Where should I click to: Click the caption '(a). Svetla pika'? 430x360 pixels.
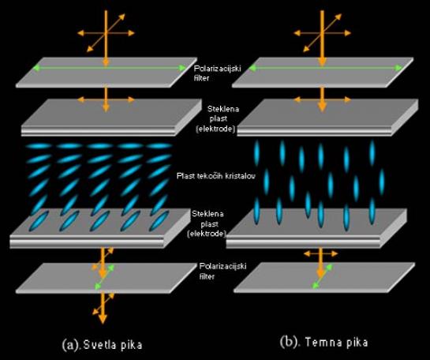click(x=103, y=345)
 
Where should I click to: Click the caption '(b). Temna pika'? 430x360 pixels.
click(x=323, y=342)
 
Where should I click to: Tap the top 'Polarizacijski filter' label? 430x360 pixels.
click(x=217, y=73)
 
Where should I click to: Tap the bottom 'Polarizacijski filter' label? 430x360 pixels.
click(x=222, y=271)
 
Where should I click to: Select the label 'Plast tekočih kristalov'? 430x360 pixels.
click(x=216, y=175)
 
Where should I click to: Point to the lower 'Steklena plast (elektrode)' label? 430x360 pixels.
click(x=208, y=223)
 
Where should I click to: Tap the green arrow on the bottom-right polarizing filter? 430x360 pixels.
click(x=323, y=276)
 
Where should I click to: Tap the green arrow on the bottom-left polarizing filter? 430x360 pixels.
click(x=104, y=277)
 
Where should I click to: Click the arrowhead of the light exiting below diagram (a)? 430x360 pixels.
click(x=103, y=319)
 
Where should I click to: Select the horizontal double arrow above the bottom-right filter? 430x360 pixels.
click(x=320, y=253)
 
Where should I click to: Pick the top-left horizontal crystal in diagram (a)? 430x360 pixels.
click(x=39, y=146)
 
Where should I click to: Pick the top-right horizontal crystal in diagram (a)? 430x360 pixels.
click(x=159, y=146)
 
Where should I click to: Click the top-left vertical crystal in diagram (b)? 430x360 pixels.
click(x=256, y=153)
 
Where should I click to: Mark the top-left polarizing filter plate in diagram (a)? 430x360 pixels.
click(x=107, y=73)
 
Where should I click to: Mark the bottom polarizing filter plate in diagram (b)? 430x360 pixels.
click(x=324, y=277)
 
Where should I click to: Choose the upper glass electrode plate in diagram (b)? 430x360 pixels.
click(x=327, y=118)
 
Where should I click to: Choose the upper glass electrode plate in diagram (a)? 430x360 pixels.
click(x=111, y=118)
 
